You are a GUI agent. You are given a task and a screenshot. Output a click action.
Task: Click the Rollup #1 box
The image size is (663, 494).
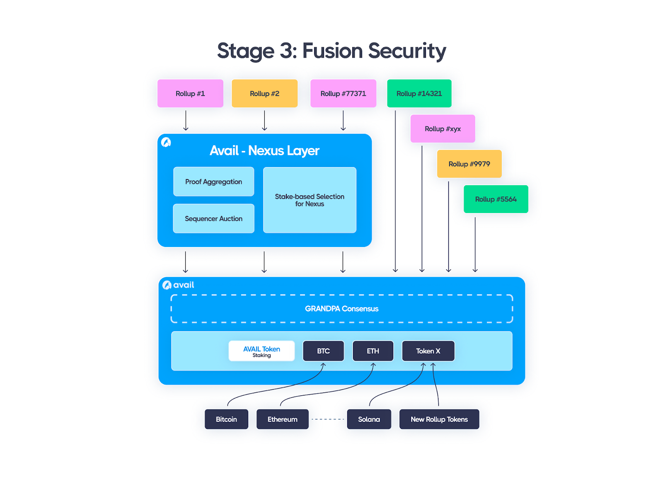tap(190, 94)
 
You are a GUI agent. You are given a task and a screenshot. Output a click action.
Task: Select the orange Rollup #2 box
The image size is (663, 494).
tap(264, 94)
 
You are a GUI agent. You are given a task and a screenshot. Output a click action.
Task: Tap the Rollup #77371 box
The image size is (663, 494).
tap(343, 94)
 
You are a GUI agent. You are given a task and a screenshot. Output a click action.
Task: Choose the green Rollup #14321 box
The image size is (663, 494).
tap(419, 94)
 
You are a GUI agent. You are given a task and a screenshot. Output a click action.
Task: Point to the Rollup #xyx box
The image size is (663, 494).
tap(443, 129)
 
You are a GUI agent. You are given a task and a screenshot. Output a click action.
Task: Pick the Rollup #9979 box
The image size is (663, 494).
tap(469, 164)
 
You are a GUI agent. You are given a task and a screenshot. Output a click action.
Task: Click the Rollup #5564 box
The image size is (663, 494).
tap(496, 199)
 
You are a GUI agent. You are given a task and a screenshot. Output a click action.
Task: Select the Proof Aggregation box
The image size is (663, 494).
tap(213, 182)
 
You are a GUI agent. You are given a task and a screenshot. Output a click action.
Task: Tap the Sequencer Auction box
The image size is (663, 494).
tap(213, 218)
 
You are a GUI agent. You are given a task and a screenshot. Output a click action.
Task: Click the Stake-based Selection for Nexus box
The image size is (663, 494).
tap(310, 200)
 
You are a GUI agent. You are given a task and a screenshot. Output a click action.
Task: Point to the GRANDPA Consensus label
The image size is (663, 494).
tap(341, 309)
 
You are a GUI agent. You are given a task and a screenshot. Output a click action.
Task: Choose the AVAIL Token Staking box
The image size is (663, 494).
tap(261, 351)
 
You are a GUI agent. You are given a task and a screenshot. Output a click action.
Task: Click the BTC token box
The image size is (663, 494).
tap(323, 351)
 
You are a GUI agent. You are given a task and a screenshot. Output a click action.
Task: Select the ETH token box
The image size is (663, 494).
tap(373, 351)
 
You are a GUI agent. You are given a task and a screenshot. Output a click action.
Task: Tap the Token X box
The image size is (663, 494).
tap(428, 351)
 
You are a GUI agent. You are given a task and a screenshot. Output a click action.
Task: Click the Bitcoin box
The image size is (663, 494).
tap(226, 419)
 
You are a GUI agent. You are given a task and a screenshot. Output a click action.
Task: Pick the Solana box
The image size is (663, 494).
tap(369, 419)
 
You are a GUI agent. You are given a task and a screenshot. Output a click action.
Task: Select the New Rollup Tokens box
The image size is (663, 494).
tap(439, 419)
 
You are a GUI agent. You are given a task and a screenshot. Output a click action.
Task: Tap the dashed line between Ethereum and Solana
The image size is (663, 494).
tap(328, 419)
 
